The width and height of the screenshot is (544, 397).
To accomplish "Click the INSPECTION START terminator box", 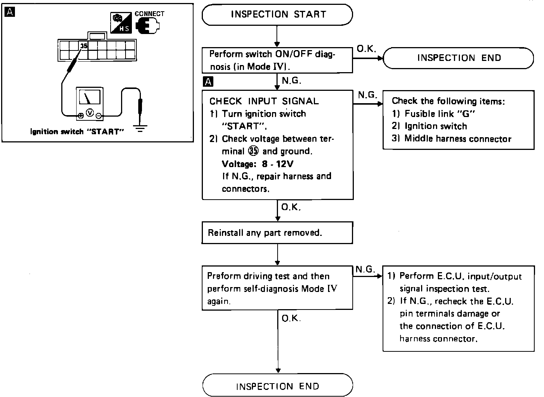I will pyautogui.click(x=277, y=15).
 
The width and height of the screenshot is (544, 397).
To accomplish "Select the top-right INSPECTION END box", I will pyautogui.click(x=458, y=58).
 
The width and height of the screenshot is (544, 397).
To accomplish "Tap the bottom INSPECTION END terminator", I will pyautogui.click(x=277, y=386).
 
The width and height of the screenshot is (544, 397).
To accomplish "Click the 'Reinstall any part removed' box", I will pyautogui.click(x=277, y=233).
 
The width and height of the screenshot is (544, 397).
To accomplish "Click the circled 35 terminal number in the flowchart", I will pyautogui.click(x=253, y=151).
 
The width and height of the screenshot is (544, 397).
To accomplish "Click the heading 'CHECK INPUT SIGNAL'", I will pyautogui.click(x=264, y=101).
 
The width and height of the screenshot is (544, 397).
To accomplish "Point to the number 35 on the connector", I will pyautogui.click(x=84, y=46).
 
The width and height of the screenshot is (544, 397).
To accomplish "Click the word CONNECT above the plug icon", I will pyautogui.click(x=149, y=14).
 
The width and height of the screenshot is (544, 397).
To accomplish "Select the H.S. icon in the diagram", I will pyautogui.click(x=121, y=24).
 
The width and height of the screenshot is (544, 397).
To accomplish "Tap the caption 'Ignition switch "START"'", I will pyautogui.click(x=77, y=132).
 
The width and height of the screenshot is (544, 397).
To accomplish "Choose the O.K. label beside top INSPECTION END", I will pyautogui.click(x=366, y=49).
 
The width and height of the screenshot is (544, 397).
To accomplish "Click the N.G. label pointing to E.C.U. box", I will pyautogui.click(x=365, y=269).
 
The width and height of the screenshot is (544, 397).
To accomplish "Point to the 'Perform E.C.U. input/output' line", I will pyautogui.click(x=460, y=276).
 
